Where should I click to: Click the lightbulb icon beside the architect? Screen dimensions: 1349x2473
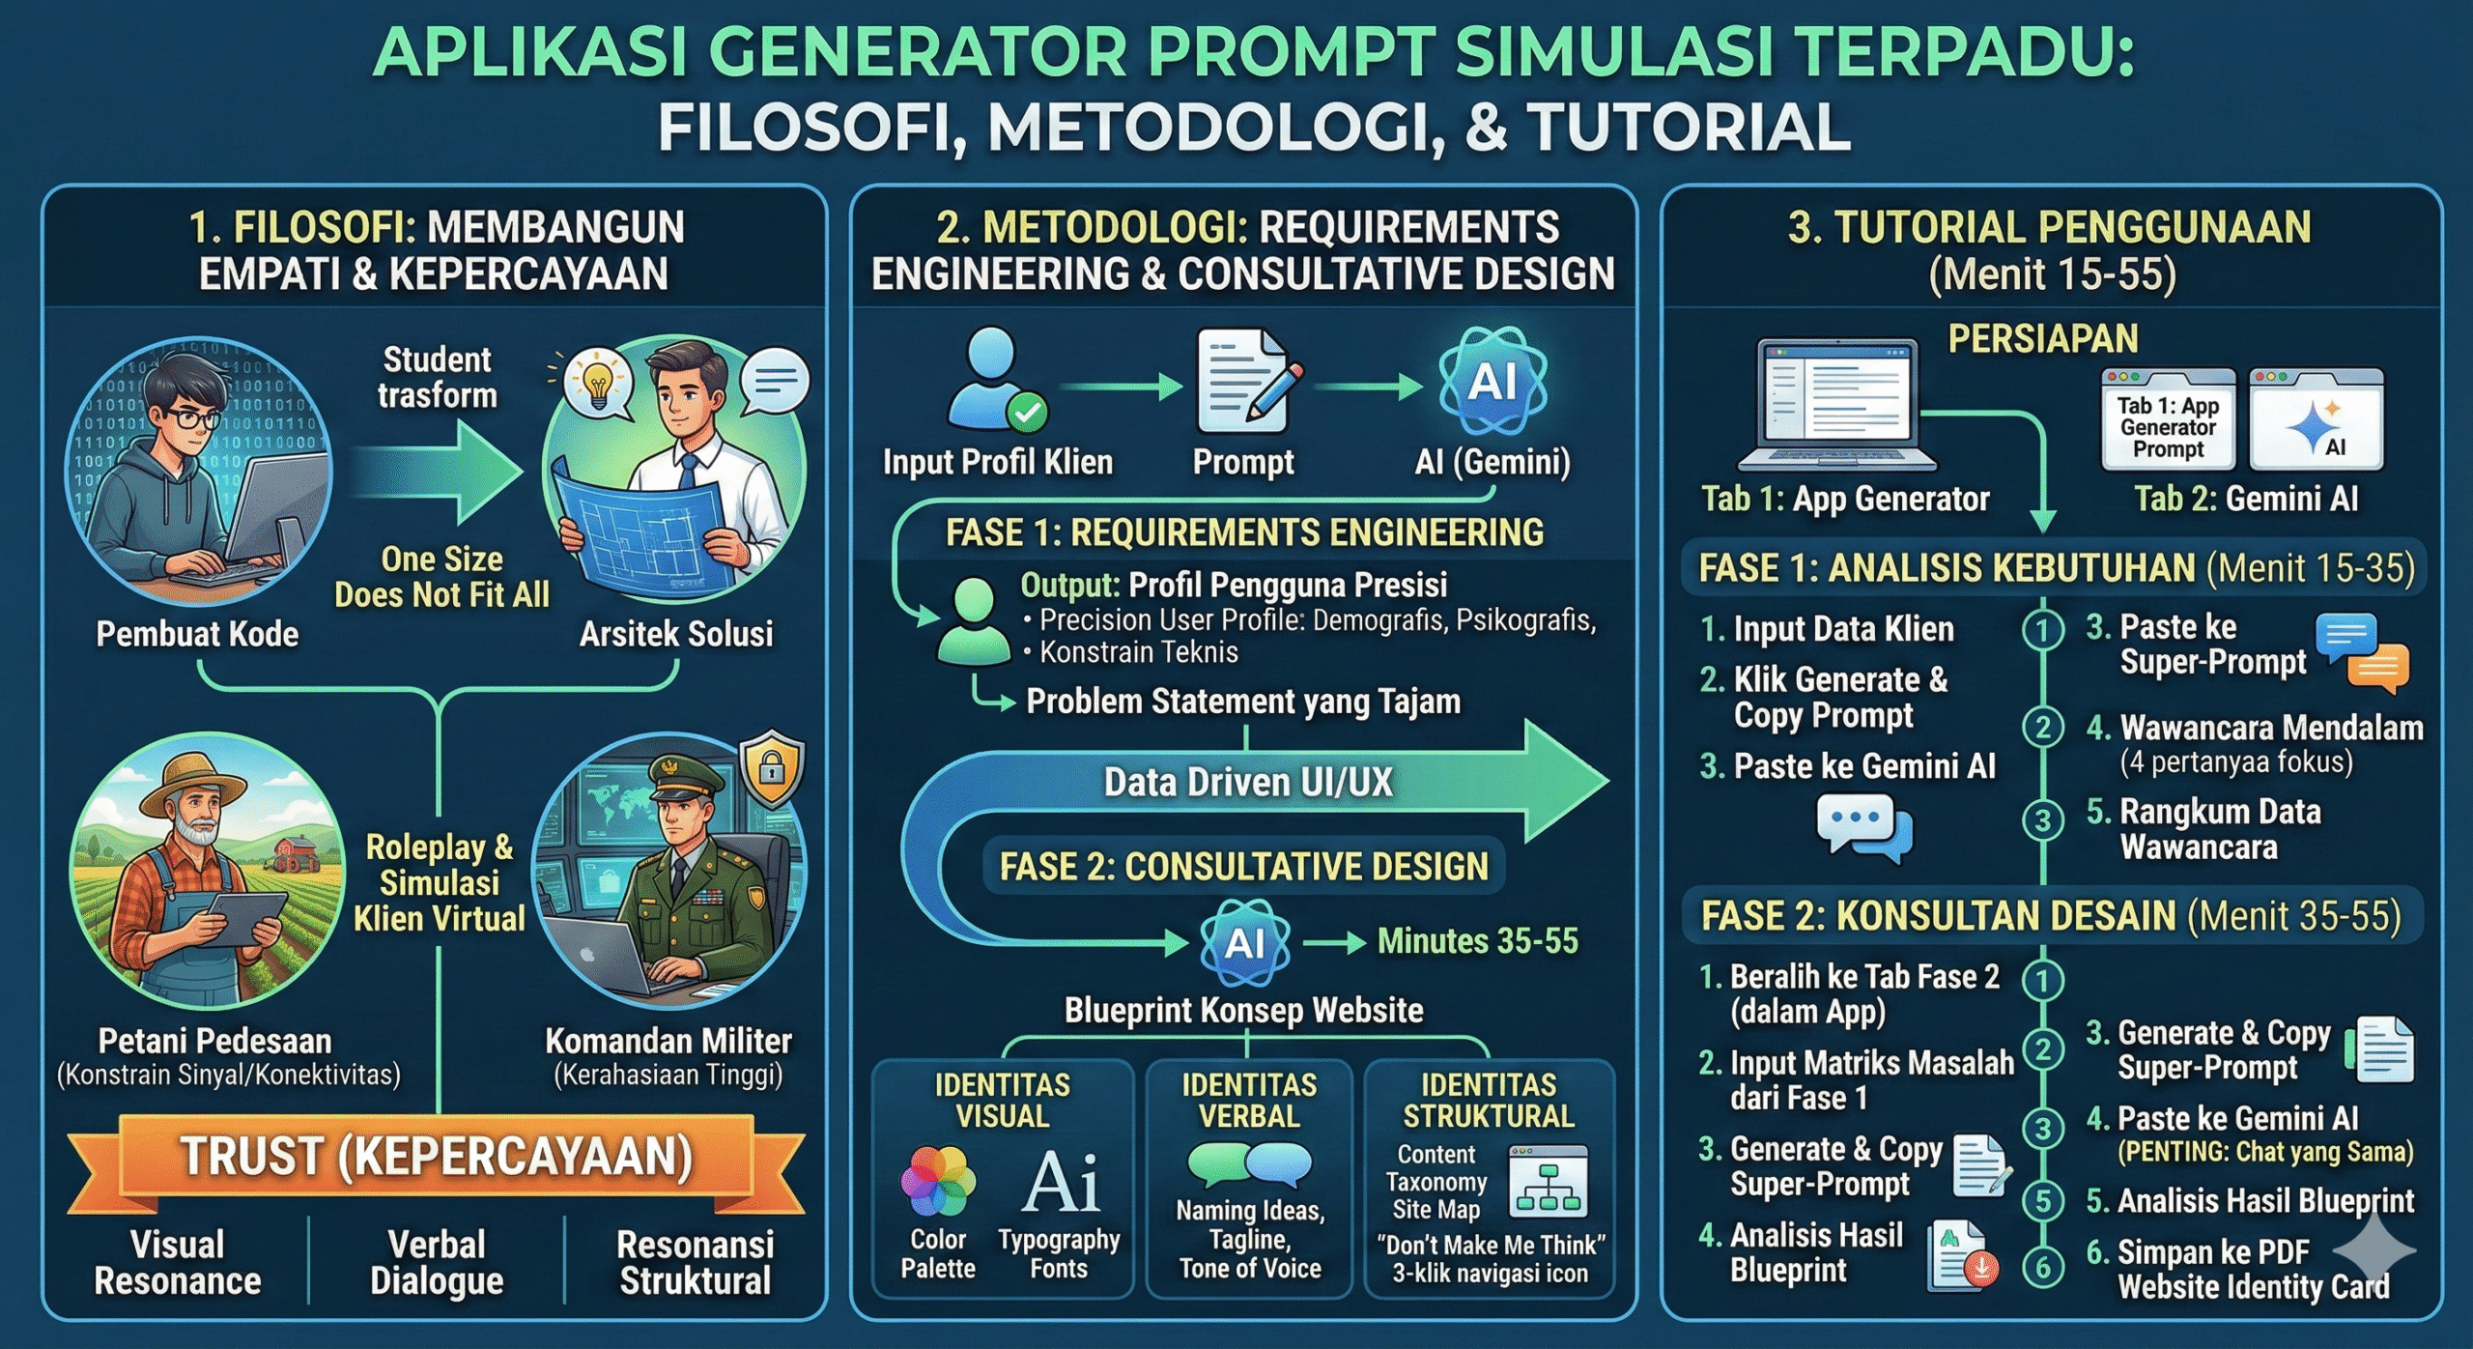598,385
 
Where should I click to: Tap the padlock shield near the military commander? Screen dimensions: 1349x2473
770,769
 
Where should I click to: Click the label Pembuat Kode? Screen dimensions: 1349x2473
197,634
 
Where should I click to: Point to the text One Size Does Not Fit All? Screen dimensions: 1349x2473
441,577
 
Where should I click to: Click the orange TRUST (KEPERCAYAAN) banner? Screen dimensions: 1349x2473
436,1157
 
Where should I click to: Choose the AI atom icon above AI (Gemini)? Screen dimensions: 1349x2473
1492,381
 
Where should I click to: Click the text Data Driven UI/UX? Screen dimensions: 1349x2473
1247,782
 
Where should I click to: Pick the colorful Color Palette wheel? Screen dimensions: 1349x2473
936,1180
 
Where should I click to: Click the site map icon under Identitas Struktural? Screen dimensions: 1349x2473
1549,1181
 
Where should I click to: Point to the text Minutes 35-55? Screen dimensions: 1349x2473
1477,940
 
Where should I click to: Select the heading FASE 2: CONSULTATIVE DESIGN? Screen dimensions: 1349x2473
1243,867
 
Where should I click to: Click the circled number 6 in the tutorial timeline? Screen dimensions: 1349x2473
2042,1267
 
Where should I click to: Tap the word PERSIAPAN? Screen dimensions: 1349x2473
2042,339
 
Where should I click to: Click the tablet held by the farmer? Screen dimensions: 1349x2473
247,919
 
